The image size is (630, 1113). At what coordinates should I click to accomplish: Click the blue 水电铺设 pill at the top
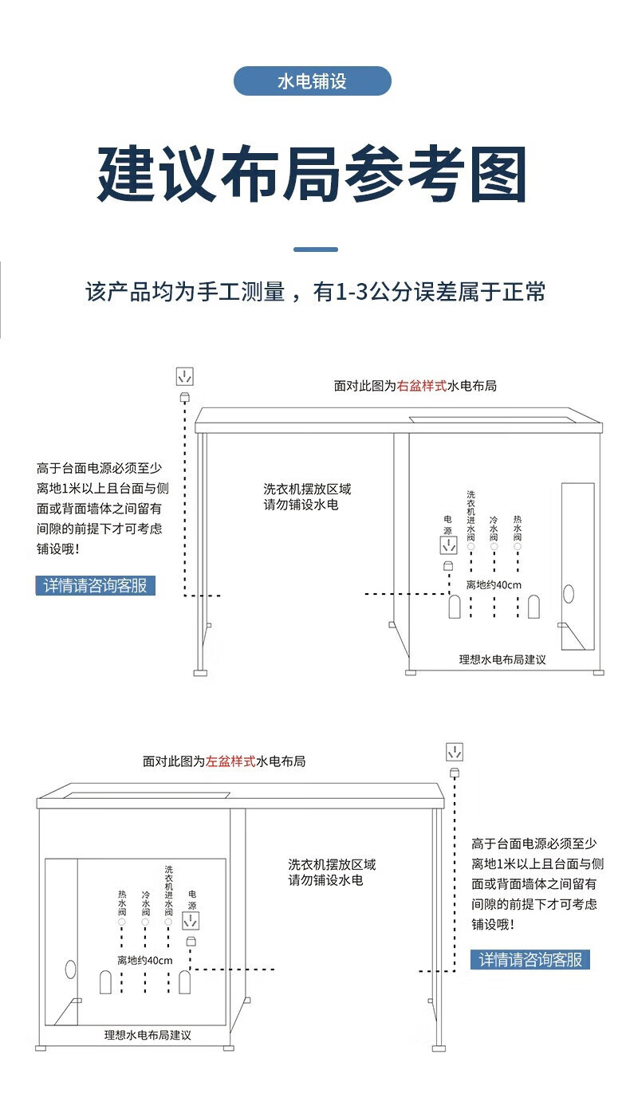[312, 81]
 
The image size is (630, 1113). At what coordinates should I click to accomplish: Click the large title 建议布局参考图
[312, 174]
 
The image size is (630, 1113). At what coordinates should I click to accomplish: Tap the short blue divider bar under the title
[316, 250]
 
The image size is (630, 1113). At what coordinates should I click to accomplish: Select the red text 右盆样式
[422, 386]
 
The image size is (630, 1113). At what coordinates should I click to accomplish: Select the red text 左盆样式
[230, 761]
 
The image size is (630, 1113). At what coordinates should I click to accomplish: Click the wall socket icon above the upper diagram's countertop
[185, 376]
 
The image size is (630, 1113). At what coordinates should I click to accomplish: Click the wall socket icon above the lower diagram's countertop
[455, 752]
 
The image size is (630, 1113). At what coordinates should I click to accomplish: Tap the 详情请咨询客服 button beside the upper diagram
[96, 585]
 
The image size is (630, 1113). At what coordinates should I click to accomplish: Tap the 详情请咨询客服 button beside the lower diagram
[530, 959]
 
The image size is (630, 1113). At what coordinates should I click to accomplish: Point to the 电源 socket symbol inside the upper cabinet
[449, 545]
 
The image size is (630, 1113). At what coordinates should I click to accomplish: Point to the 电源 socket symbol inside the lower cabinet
[191, 921]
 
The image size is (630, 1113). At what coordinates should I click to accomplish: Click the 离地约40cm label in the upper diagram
[494, 585]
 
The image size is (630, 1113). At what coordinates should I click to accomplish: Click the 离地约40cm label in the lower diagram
[145, 961]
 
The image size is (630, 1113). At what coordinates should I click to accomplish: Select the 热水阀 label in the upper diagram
[518, 528]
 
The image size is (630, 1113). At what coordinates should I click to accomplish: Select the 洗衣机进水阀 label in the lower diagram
[168, 891]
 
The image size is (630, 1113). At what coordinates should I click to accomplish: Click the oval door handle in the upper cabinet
[569, 594]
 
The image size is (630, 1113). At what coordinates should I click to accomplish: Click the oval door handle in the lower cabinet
[70, 969]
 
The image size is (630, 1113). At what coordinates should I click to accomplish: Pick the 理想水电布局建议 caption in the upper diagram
[502, 659]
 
